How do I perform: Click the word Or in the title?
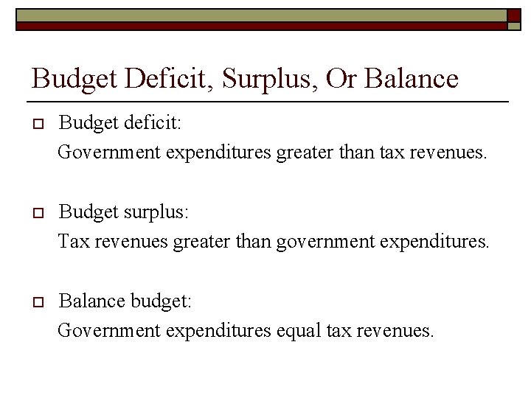(341, 79)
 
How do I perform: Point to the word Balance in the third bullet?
(92, 301)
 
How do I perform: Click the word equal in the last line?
(299, 331)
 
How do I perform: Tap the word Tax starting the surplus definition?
(71, 241)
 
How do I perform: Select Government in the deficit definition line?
(109, 152)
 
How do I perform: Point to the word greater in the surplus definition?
(201, 242)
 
